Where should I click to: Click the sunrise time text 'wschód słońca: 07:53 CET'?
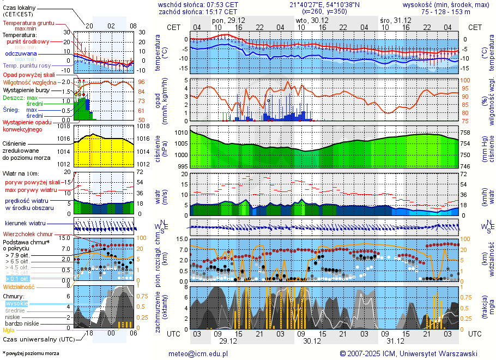tap(197, 4)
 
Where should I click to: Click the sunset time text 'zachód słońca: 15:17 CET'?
tap(197, 11)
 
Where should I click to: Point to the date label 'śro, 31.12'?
tap(396, 20)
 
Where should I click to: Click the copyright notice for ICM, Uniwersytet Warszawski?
tap(408, 353)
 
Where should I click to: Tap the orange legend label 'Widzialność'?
tap(19, 286)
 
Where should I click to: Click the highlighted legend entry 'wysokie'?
tap(16, 303)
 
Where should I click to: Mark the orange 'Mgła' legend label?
tap(9, 330)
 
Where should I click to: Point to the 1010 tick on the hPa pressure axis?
tap(182, 133)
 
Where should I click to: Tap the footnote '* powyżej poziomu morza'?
tap(31, 353)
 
